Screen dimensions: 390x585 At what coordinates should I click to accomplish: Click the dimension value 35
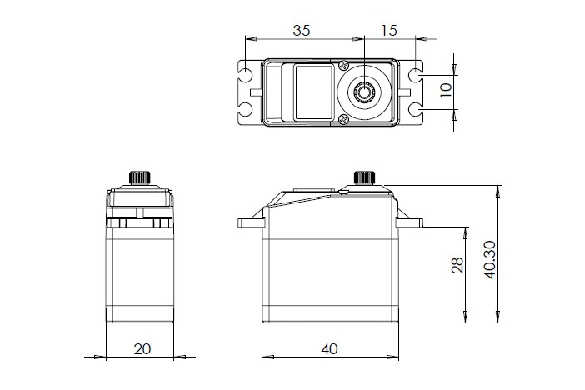[x=302, y=30]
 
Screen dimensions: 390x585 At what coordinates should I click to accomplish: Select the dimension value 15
[x=388, y=30]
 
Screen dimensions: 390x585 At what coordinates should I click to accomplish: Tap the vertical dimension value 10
[x=445, y=90]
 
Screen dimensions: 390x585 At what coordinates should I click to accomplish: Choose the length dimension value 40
[x=331, y=349]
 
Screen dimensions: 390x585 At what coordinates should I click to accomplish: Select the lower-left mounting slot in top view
[x=248, y=109]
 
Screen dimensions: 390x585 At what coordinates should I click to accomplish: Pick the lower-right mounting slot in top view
[x=416, y=109]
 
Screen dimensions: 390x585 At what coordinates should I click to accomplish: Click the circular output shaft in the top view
[x=364, y=92]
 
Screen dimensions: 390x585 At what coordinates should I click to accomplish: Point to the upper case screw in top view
[x=343, y=63]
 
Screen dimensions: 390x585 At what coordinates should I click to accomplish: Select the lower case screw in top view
[x=343, y=122]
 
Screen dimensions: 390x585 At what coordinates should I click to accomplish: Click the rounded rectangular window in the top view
[x=313, y=92]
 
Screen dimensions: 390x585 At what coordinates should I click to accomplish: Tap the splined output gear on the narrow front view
[x=139, y=177]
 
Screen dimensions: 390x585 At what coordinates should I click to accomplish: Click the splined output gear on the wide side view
[x=363, y=177]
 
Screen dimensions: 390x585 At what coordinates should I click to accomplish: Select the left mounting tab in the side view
[x=252, y=222]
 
